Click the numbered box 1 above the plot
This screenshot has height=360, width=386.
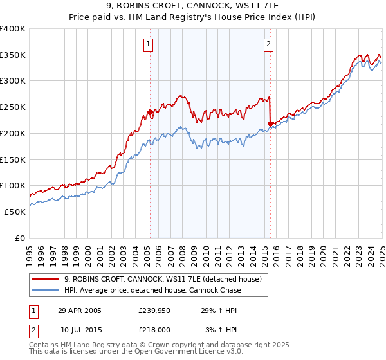pos(149,44)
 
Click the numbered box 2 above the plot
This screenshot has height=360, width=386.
pos(268,44)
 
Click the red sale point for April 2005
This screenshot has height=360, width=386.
pos(150,112)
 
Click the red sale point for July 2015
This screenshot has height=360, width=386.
pos(270,123)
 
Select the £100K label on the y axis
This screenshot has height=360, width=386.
pos(14,186)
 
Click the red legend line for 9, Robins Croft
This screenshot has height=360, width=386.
pos(46,280)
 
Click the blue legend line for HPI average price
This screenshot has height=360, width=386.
pos(46,290)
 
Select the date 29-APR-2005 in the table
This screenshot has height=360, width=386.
pos(80,310)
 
